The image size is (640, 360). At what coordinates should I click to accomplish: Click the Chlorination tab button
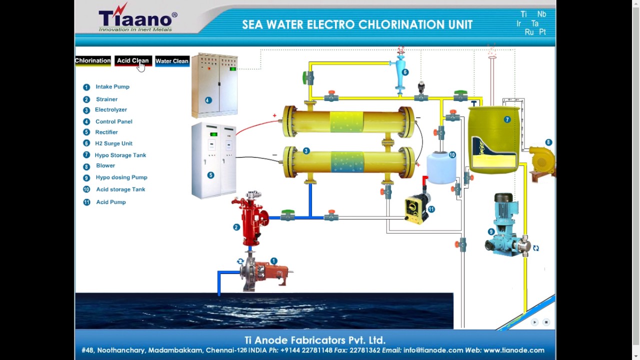point(93,60)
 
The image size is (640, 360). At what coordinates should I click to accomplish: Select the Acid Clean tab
point(132,60)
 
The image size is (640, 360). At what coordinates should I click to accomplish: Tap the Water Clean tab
point(172,61)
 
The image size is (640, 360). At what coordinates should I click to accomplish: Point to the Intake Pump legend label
point(112,87)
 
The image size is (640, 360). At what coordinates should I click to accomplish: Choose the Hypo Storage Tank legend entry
point(120,155)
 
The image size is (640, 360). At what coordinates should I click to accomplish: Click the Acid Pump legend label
point(110,202)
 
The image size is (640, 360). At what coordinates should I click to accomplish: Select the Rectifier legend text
point(106,132)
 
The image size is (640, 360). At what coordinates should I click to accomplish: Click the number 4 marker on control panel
point(208,100)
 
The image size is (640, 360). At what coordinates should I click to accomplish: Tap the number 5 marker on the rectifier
point(210,175)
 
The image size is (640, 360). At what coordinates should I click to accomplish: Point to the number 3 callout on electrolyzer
point(306,151)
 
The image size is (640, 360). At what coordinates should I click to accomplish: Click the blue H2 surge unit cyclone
point(400,74)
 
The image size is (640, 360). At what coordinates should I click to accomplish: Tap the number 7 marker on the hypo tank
point(507,120)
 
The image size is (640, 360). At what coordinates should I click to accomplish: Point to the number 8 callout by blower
point(548,142)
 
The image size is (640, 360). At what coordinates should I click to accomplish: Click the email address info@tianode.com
point(433,350)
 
